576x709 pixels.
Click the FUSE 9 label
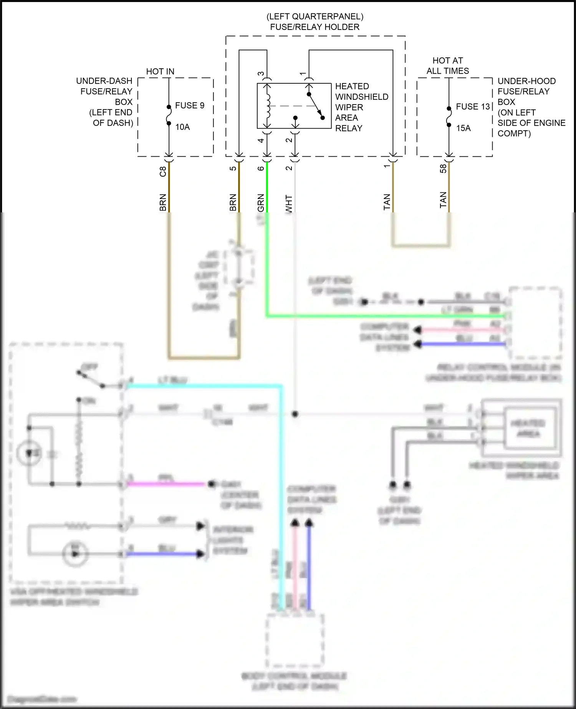[x=190, y=106]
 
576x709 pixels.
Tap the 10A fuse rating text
[x=183, y=127]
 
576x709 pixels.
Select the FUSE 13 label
[x=473, y=107]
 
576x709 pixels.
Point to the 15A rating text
[x=463, y=128]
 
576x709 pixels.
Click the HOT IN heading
[x=160, y=71]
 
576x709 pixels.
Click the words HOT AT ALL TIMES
[x=448, y=66]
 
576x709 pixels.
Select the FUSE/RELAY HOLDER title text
[x=315, y=27]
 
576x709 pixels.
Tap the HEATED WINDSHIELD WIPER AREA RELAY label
[x=361, y=107]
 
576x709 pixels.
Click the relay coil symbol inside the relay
[x=268, y=106]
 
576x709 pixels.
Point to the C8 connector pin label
[x=163, y=171]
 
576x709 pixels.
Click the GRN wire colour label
[x=261, y=203]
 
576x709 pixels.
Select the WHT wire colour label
[x=289, y=204]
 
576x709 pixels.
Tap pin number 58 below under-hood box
[x=443, y=169]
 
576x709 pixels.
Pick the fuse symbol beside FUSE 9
[x=169, y=115]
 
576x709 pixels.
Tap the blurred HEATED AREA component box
[x=528, y=428]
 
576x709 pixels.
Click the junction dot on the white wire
[x=295, y=414]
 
